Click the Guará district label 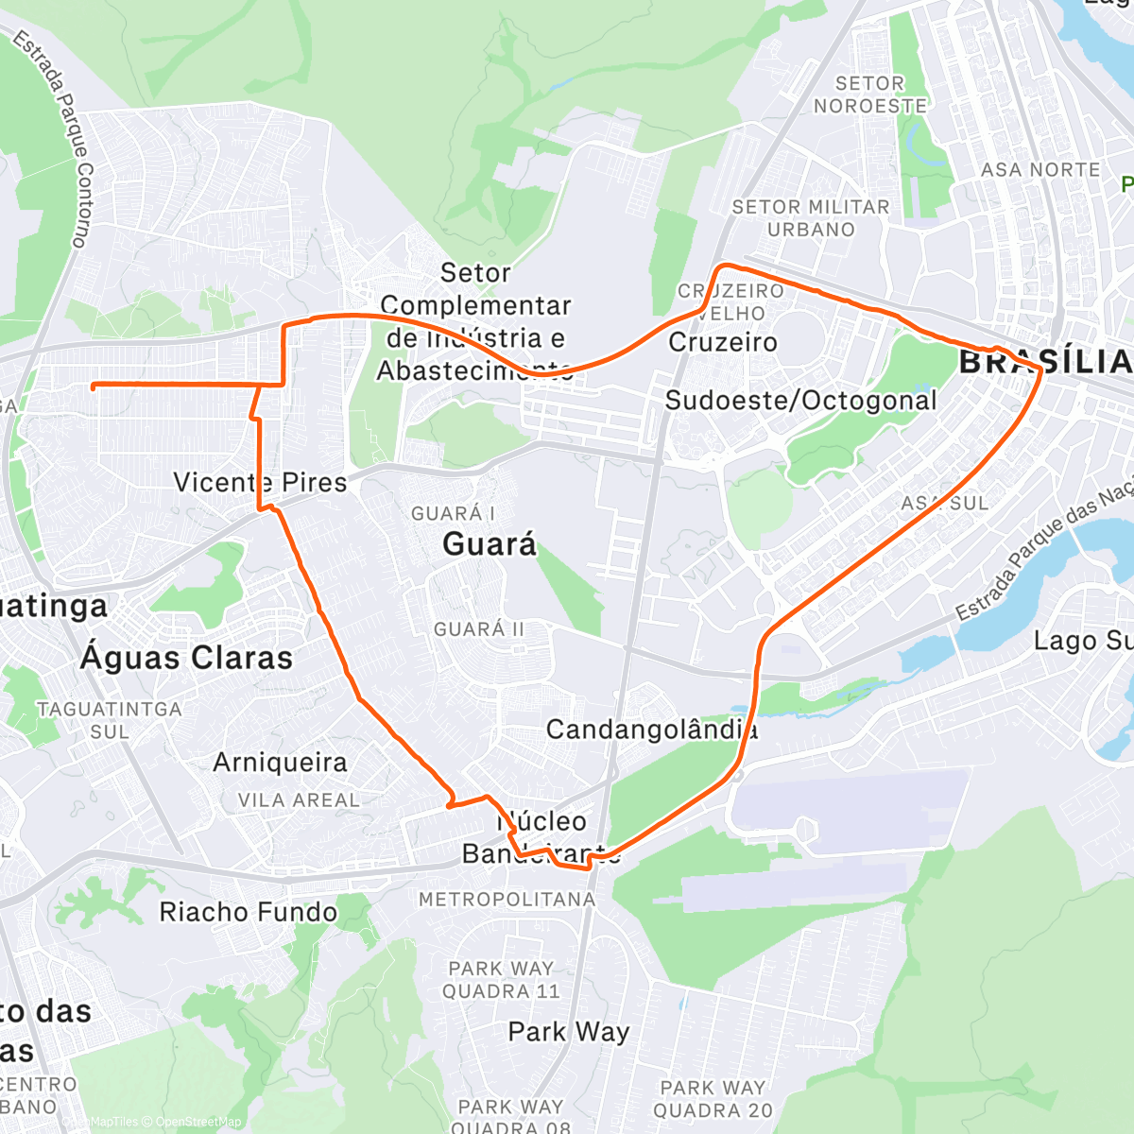coord(489,544)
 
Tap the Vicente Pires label coord(260,482)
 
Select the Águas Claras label coord(186,658)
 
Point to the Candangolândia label coord(652,730)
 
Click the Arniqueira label coord(280,763)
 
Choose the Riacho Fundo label coord(248,912)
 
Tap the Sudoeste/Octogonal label coord(800,401)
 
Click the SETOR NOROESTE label coord(870,95)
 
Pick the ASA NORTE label coord(1040,170)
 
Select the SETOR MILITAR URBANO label coord(811,218)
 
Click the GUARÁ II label coord(478,629)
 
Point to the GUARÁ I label coord(453,514)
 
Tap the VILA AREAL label coord(299,800)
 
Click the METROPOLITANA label coord(507,900)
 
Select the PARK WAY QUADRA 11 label coord(501,980)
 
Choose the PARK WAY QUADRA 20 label coord(713,1099)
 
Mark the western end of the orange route coord(93,386)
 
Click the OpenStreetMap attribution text coord(198,1122)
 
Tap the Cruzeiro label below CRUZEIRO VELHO coord(723,342)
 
